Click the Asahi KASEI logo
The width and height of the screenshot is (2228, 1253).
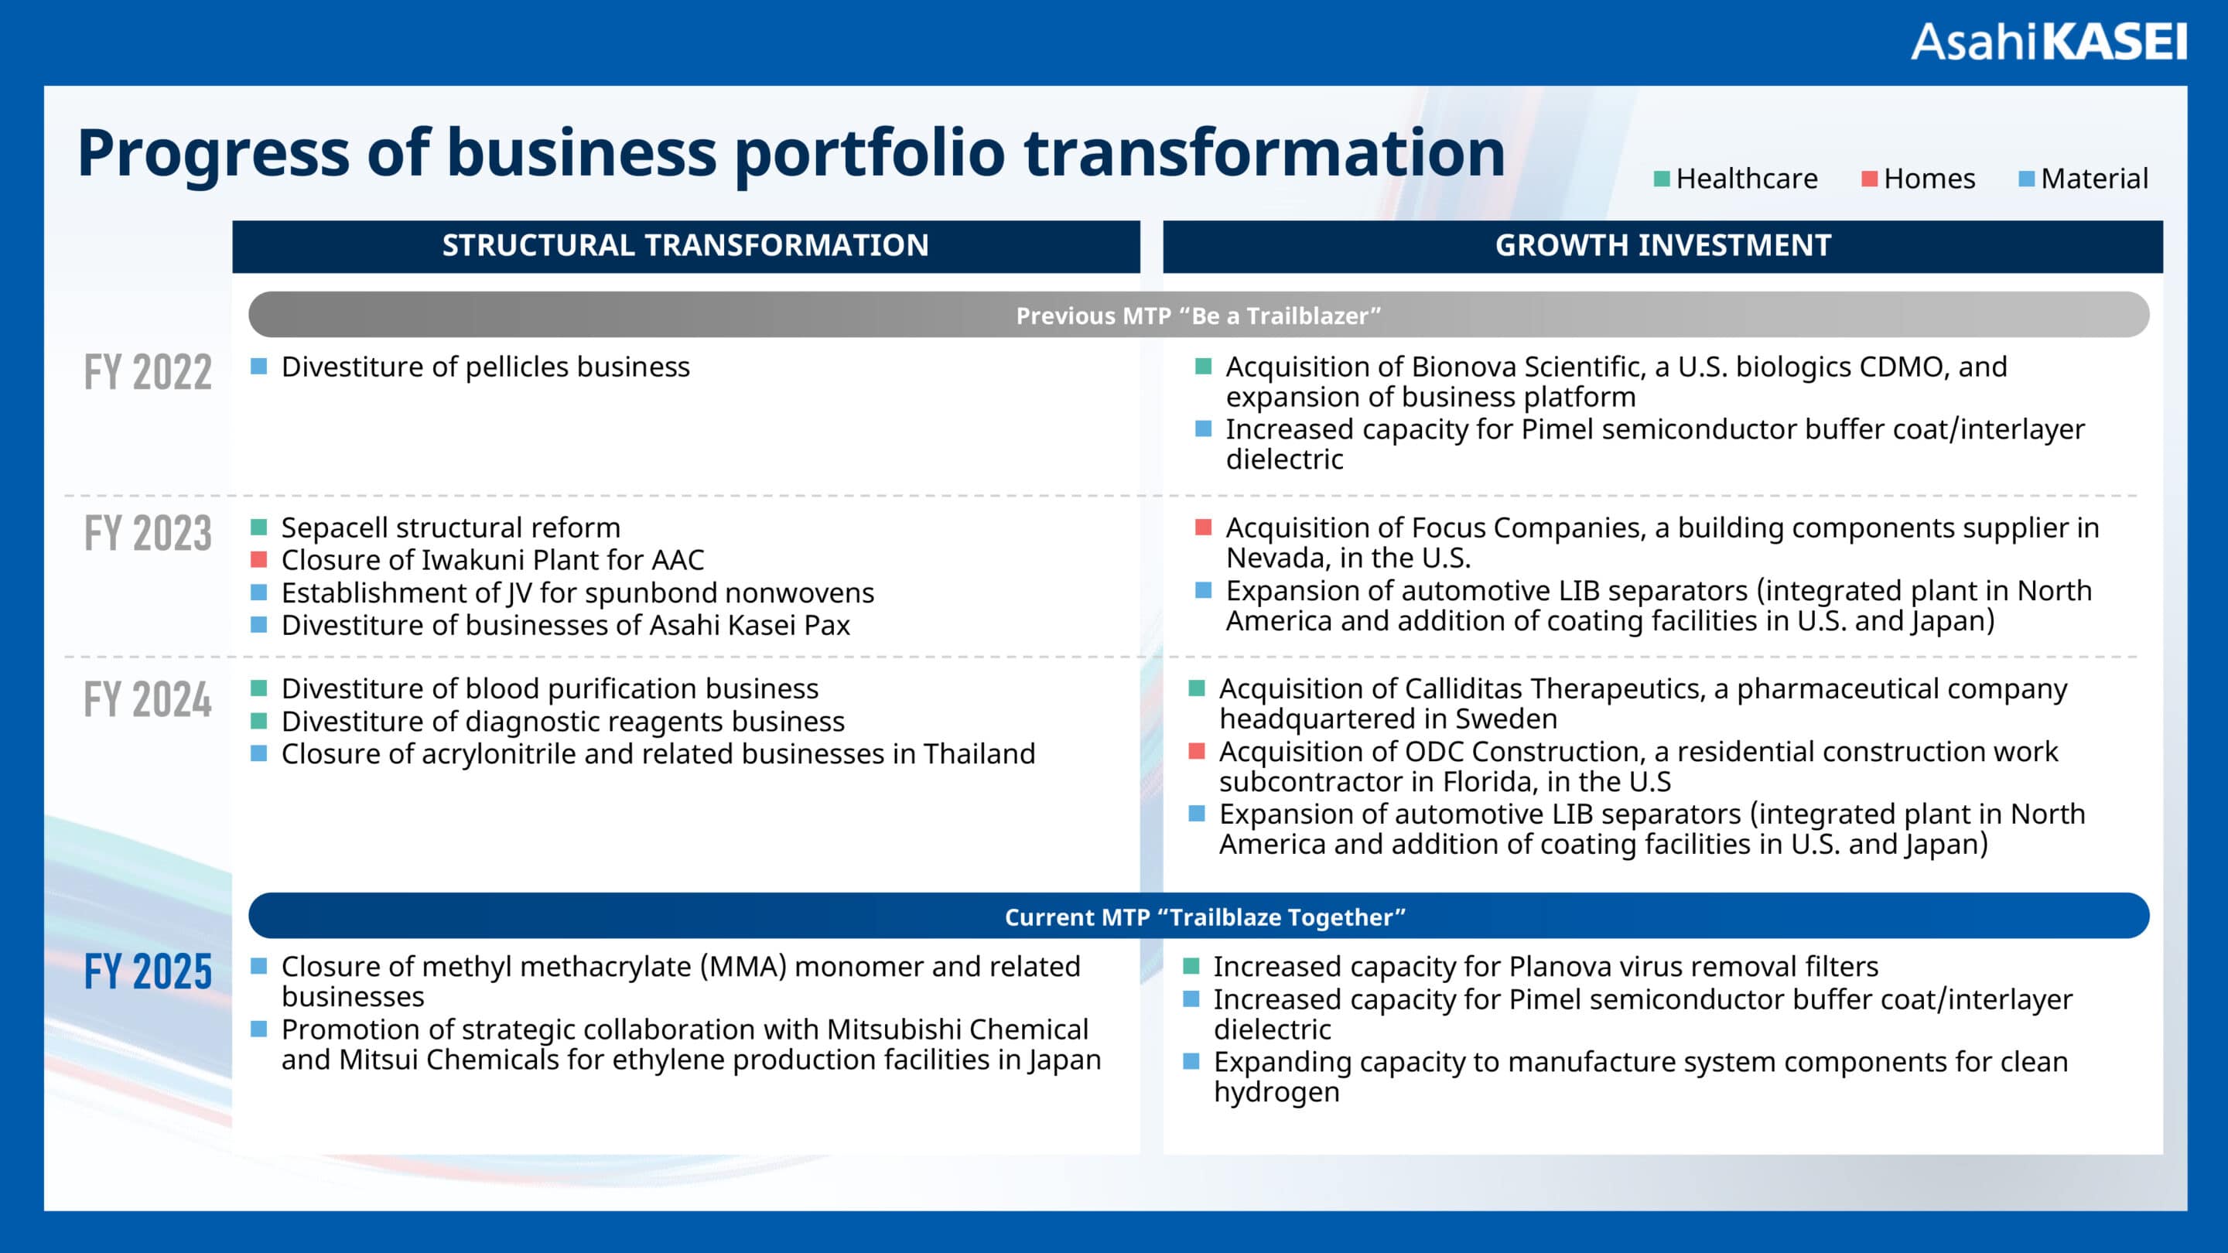[2048, 43]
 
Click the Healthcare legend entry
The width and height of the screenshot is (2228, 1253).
[1736, 179]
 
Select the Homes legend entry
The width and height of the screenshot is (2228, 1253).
[1919, 179]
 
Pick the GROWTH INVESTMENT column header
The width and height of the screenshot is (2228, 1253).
[1662, 246]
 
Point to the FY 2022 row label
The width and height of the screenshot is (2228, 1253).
[148, 373]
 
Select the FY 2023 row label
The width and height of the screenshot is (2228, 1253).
[148, 533]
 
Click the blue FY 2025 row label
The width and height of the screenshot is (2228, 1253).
[148, 971]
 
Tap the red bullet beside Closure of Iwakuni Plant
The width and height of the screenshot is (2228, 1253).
[258, 559]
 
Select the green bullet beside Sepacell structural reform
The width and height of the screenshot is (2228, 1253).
[258, 527]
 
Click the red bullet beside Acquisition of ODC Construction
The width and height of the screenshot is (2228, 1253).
[1197, 750]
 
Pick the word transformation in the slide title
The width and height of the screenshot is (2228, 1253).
[1265, 153]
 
